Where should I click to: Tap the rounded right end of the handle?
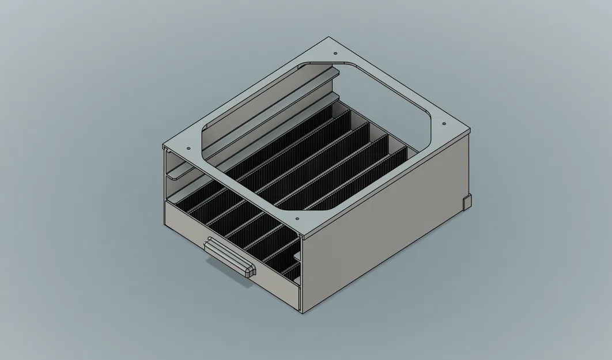coord(249,271)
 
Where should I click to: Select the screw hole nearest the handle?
coord(296,219)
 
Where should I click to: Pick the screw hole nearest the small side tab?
coord(444,124)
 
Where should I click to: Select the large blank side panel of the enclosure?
coord(386,230)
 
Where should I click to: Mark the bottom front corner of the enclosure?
coord(301,314)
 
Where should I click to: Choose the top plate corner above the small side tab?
coord(470,131)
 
